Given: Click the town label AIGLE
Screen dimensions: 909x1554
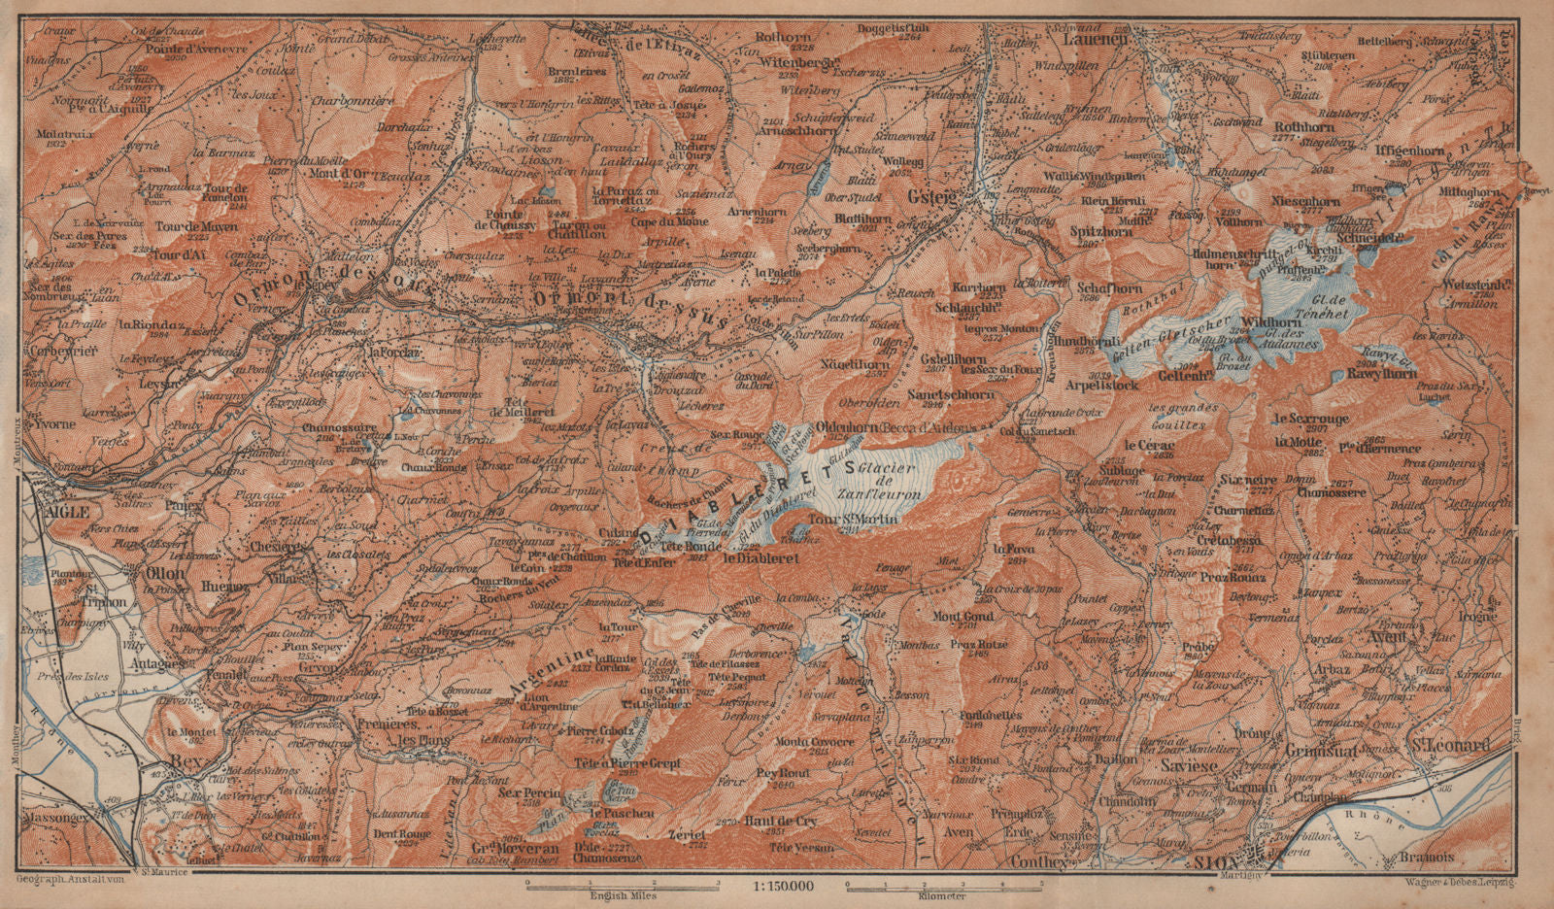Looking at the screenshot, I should tap(63, 512).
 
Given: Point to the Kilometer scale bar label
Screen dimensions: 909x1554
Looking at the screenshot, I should tap(942, 895).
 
